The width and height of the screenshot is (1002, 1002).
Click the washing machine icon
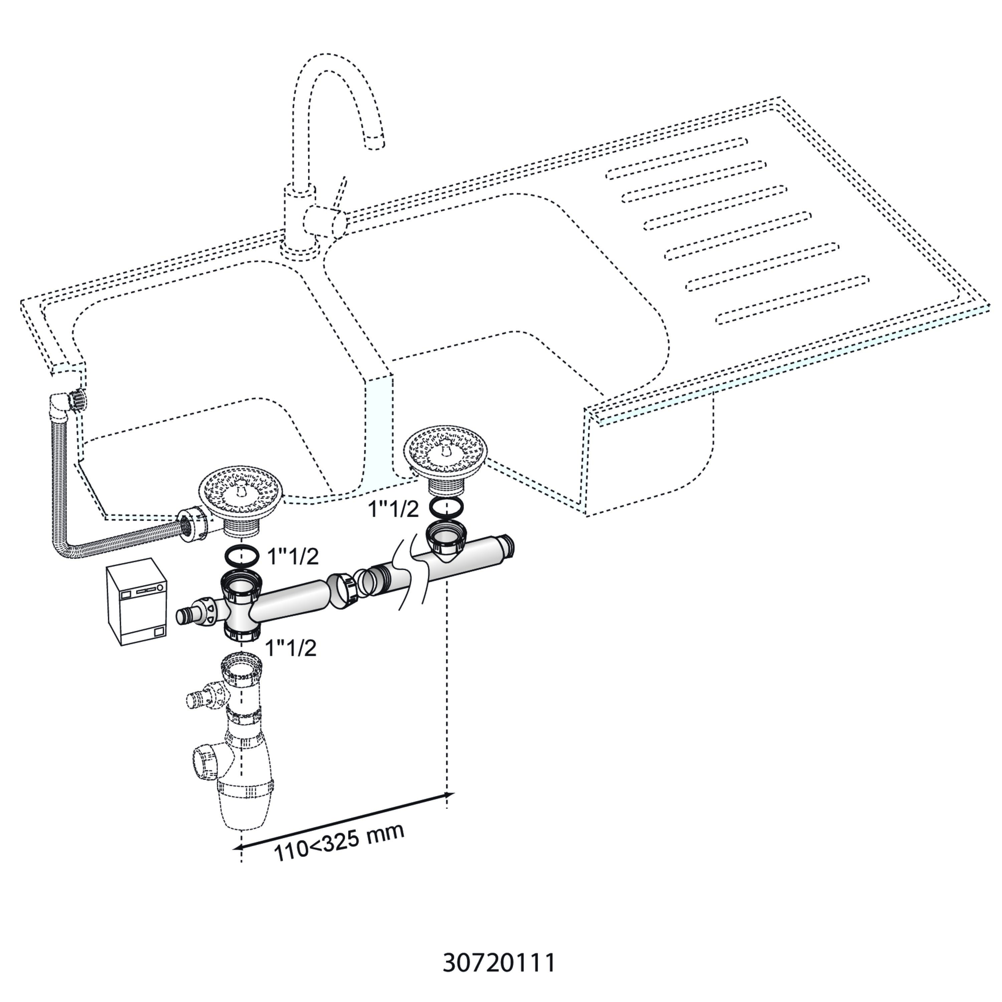click(137, 602)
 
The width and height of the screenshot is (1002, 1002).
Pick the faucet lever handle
click(340, 194)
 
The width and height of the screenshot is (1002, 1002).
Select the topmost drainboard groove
click(677, 158)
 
